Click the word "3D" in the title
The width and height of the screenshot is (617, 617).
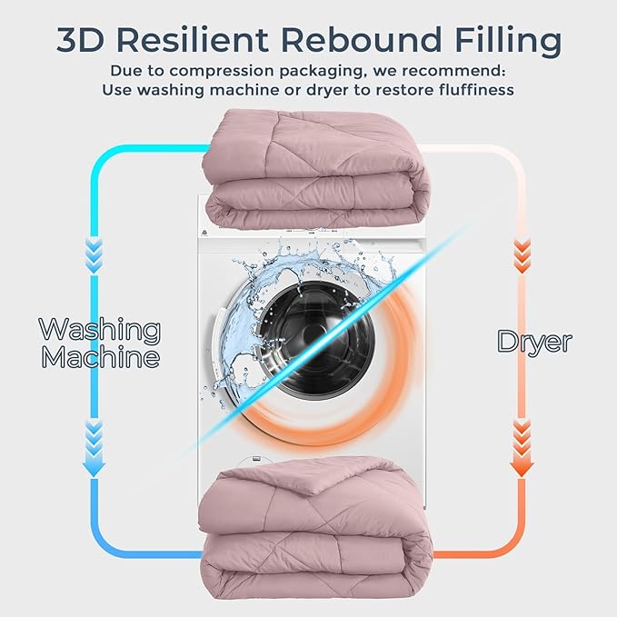80,39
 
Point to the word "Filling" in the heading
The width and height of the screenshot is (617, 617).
508,41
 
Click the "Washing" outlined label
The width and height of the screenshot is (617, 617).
100,331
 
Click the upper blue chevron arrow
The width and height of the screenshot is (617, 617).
94,255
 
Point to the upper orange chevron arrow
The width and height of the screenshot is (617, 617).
522,256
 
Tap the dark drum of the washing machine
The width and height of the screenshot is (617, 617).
317,339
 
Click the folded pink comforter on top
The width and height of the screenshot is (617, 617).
315,169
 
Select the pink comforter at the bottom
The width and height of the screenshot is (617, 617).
315,528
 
